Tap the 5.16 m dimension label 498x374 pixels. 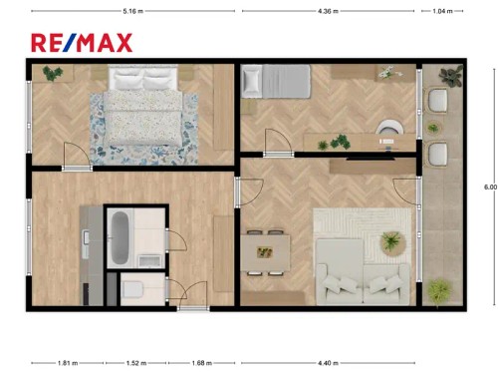[x=130, y=12]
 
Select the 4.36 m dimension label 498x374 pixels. [x=328, y=12]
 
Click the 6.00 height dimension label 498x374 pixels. [x=488, y=187]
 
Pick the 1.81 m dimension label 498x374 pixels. [x=67, y=363]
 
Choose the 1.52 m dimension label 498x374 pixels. [x=135, y=363]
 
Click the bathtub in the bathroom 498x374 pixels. [x=120, y=237]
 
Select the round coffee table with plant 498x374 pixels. [x=393, y=241]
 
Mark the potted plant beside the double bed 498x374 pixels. [x=51, y=72]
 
